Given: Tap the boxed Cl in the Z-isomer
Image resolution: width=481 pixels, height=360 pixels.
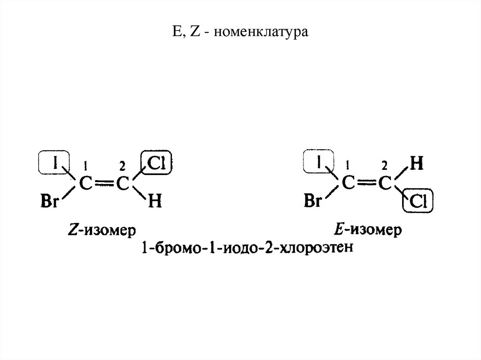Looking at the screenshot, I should pos(156,162).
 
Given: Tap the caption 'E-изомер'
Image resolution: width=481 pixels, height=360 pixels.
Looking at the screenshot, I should pos(368,230).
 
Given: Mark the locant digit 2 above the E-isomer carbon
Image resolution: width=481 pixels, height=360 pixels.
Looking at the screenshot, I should pos(384,165).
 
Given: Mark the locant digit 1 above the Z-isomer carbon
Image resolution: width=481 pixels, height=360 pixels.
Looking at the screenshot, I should pos(85,165).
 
